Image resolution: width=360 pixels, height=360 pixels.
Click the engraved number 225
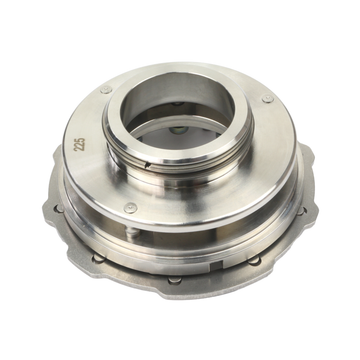coord(79,144)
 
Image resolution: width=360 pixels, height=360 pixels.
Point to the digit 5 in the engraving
coord(79,140)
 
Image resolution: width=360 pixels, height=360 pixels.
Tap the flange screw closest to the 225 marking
coord(106,89)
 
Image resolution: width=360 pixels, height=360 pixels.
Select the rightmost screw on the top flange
coord(268,99)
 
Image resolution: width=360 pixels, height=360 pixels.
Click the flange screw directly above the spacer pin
coord(130,208)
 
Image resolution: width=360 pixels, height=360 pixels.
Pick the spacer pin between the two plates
coord(133,232)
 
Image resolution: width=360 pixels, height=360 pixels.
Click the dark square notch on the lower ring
coord(217,266)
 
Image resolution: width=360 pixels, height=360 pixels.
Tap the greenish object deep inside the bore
coord(178,130)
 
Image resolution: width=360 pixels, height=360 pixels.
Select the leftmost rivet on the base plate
coord(59,209)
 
